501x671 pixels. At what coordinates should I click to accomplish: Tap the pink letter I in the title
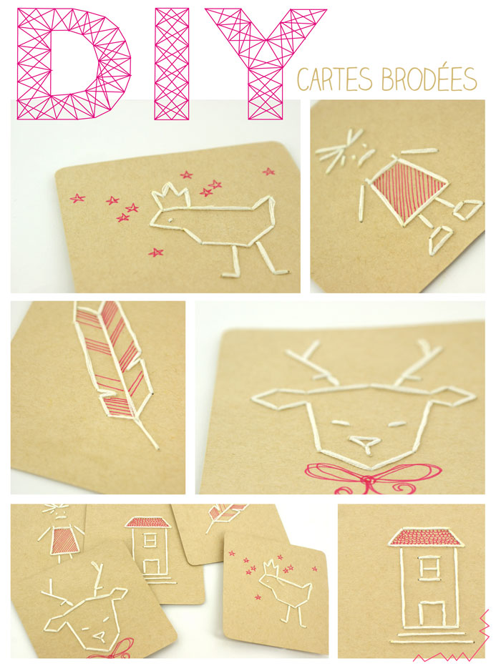[x=172, y=63]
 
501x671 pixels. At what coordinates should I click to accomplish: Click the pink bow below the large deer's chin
[x=369, y=478]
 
